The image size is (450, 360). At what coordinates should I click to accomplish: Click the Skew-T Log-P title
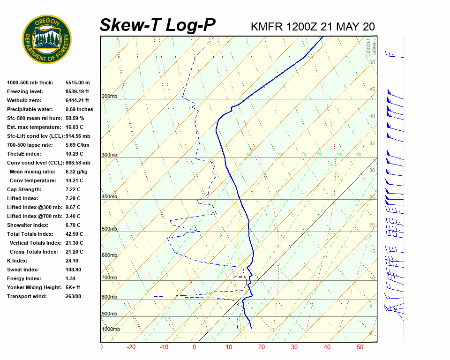point(158,25)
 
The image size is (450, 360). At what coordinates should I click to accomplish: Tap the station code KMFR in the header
point(267,26)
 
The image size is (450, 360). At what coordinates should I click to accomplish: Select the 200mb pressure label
point(109,96)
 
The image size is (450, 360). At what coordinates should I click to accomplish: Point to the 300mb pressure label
point(109,155)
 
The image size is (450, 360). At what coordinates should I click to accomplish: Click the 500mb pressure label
point(109,229)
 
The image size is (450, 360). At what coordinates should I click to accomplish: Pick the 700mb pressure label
point(109,278)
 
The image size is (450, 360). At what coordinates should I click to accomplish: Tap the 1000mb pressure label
point(111,329)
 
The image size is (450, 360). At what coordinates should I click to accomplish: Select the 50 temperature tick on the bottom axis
point(360,347)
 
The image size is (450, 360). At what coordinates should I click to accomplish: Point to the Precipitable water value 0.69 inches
point(79,109)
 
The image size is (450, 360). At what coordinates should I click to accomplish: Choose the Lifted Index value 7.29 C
point(73,198)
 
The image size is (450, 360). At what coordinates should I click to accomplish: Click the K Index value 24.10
point(72,261)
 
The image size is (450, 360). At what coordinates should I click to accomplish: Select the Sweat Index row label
point(23,270)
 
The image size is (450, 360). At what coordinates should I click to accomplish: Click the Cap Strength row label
point(24,189)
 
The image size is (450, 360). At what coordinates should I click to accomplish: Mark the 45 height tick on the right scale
point(372,90)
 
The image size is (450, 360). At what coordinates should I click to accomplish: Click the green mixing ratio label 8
point(359,154)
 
